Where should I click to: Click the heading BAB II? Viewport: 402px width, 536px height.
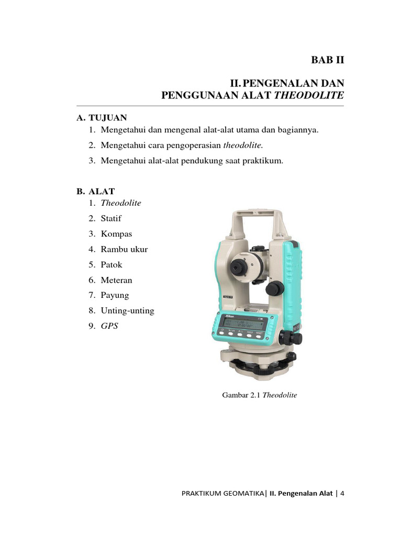point(328,60)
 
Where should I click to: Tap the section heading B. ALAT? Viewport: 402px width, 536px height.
point(95,191)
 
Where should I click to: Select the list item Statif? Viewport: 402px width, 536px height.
point(111,218)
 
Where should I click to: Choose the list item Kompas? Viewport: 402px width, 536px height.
point(116,233)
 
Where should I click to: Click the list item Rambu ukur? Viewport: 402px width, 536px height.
point(124,249)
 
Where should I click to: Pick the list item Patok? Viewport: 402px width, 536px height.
point(111,264)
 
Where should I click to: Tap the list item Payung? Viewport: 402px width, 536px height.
point(115,295)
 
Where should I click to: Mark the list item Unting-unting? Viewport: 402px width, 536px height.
point(127,310)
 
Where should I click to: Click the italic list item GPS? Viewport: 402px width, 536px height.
point(109,326)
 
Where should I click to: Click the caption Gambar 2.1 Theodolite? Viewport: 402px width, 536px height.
point(260,395)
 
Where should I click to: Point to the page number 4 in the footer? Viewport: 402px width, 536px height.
point(342,493)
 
